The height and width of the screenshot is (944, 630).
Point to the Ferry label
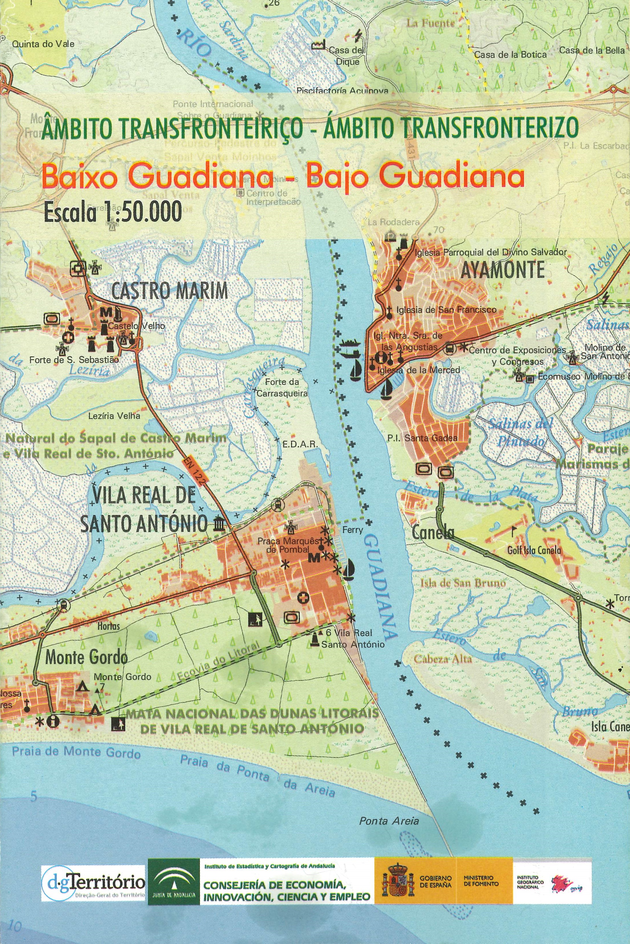(352, 530)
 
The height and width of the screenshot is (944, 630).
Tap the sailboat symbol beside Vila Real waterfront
(348, 569)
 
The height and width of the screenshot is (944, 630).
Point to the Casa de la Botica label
(510, 55)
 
